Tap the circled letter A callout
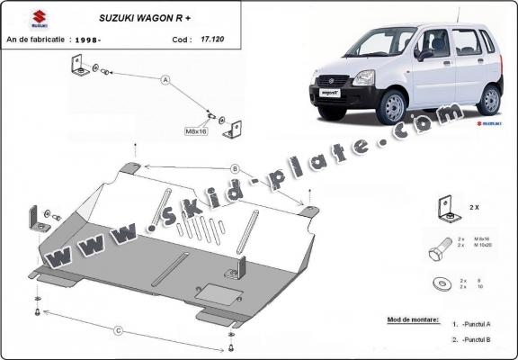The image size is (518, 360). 165,79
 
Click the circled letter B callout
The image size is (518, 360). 234,167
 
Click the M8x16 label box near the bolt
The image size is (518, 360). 195,131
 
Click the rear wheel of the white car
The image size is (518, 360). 488,99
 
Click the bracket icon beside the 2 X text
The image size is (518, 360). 443,208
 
